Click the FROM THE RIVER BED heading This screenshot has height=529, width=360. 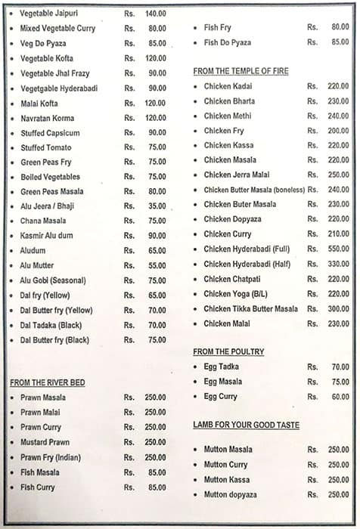(x=47, y=382)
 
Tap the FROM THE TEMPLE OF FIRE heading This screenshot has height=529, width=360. (x=241, y=71)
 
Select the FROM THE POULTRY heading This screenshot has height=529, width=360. (x=228, y=352)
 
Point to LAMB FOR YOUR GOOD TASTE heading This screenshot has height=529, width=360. (x=246, y=425)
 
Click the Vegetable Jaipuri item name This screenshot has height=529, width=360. (x=48, y=14)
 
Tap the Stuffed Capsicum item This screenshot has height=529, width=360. (x=50, y=133)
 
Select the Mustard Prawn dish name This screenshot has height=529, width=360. (x=45, y=442)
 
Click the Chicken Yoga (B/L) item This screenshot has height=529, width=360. (x=233, y=294)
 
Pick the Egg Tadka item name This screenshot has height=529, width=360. (x=221, y=367)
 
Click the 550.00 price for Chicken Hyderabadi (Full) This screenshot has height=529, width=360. (x=338, y=249)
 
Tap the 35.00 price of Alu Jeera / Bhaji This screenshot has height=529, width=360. (x=157, y=206)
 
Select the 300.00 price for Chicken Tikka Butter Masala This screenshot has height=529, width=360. (x=338, y=308)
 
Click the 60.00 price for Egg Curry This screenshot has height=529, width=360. (x=340, y=396)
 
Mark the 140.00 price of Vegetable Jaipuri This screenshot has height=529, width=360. (x=155, y=14)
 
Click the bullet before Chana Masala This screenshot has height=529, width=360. (x=11, y=221)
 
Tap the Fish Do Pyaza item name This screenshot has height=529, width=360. (x=228, y=42)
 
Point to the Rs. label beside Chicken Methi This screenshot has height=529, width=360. (x=312, y=116)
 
